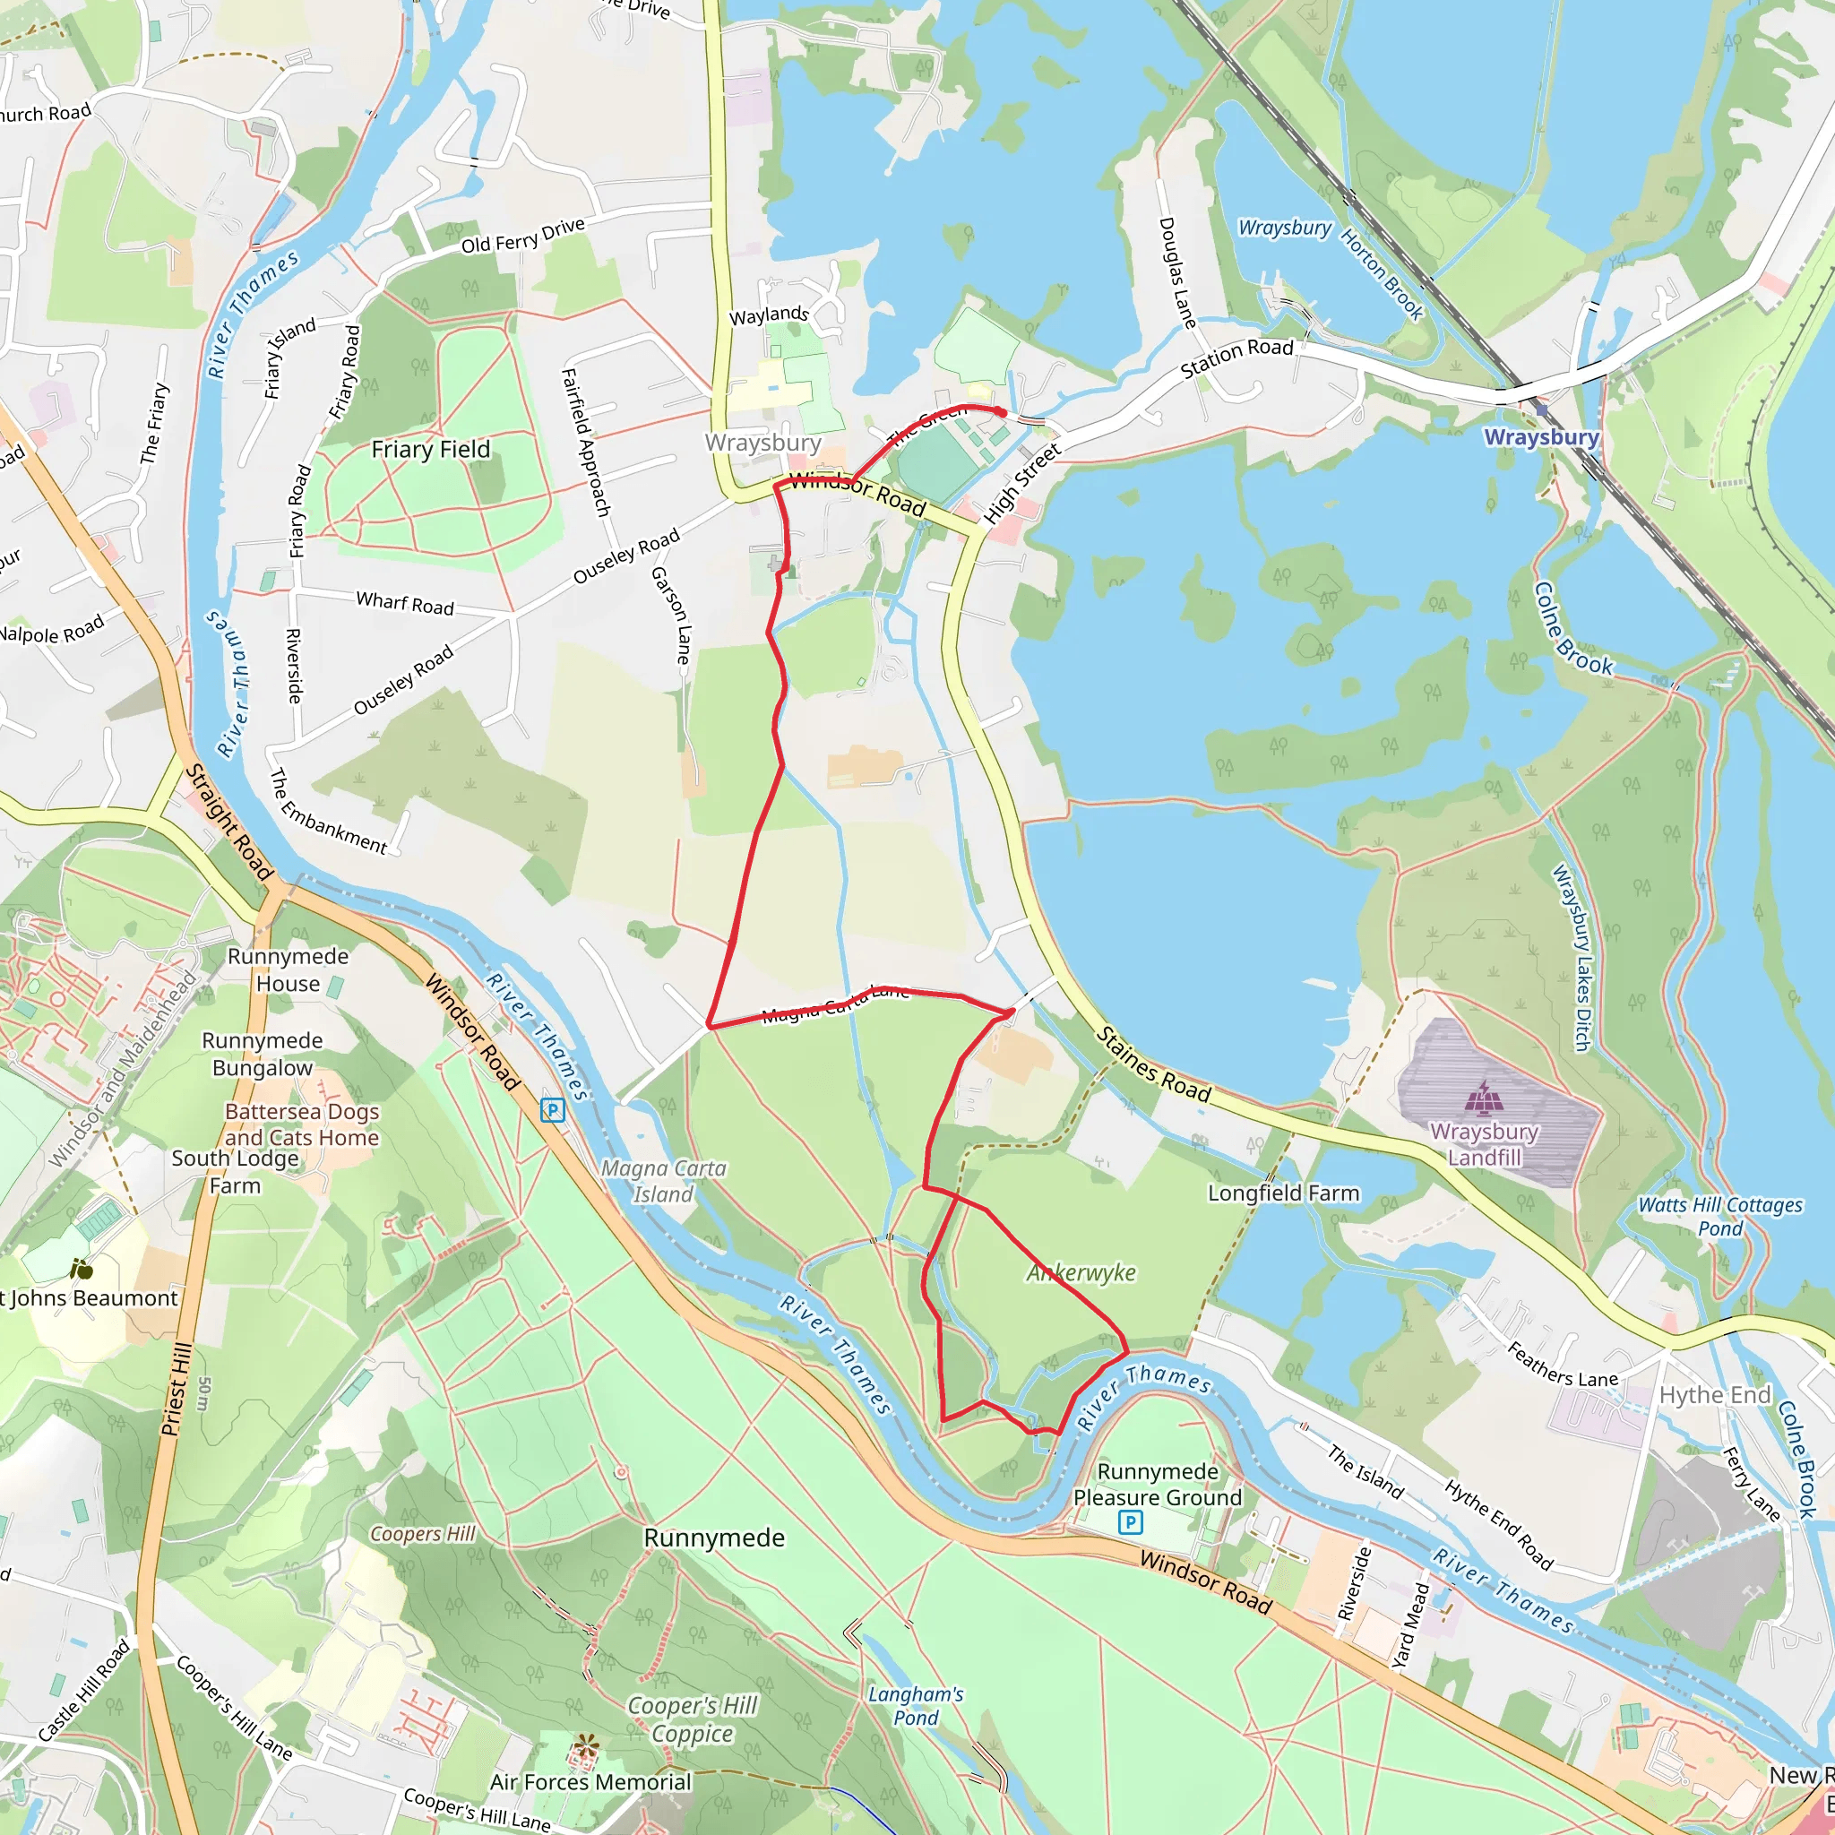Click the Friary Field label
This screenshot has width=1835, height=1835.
click(430, 449)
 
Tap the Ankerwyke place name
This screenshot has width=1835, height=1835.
click(1081, 1272)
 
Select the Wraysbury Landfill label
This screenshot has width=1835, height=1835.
click(1485, 1144)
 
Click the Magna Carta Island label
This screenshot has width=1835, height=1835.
click(664, 1181)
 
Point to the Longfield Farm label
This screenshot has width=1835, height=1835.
click(1283, 1193)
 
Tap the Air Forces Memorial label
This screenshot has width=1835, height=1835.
click(590, 1782)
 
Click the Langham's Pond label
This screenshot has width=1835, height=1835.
click(916, 1706)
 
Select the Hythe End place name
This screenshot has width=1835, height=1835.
click(1714, 1394)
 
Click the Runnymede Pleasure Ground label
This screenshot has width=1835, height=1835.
click(1157, 1484)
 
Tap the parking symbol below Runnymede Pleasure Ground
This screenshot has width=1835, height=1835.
click(1130, 1523)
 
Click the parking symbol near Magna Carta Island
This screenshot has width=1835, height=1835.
click(552, 1109)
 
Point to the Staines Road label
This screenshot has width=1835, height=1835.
click(1153, 1064)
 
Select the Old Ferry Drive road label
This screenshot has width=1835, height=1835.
click(522, 236)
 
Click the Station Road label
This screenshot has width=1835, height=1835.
click(1236, 358)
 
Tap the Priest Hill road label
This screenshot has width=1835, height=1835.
click(177, 1389)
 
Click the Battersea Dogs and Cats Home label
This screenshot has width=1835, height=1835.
click(301, 1124)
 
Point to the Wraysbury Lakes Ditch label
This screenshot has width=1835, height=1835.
click(1571, 958)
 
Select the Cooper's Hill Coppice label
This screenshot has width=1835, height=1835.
click(693, 1719)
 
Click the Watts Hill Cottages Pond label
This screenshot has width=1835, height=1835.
click(1720, 1217)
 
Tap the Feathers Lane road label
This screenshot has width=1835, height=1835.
click(1564, 1365)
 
